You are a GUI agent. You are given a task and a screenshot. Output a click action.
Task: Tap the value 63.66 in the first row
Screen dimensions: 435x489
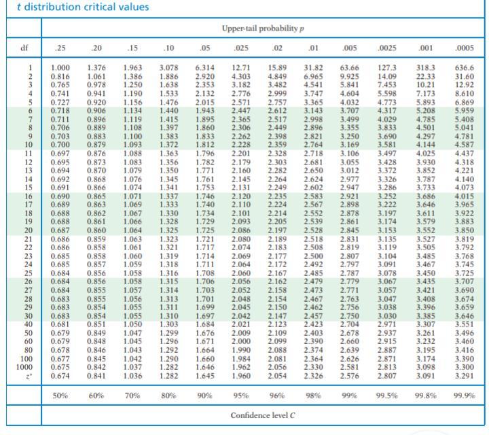click(349, 68)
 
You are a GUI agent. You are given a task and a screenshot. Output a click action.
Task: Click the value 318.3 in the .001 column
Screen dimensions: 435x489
click(427, 68)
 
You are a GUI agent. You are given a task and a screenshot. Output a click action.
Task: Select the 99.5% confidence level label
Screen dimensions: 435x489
click(387, 395)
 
